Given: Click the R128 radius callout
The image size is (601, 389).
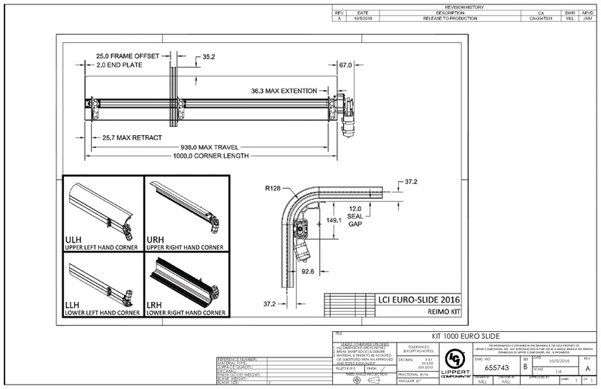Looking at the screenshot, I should coord(273,188).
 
